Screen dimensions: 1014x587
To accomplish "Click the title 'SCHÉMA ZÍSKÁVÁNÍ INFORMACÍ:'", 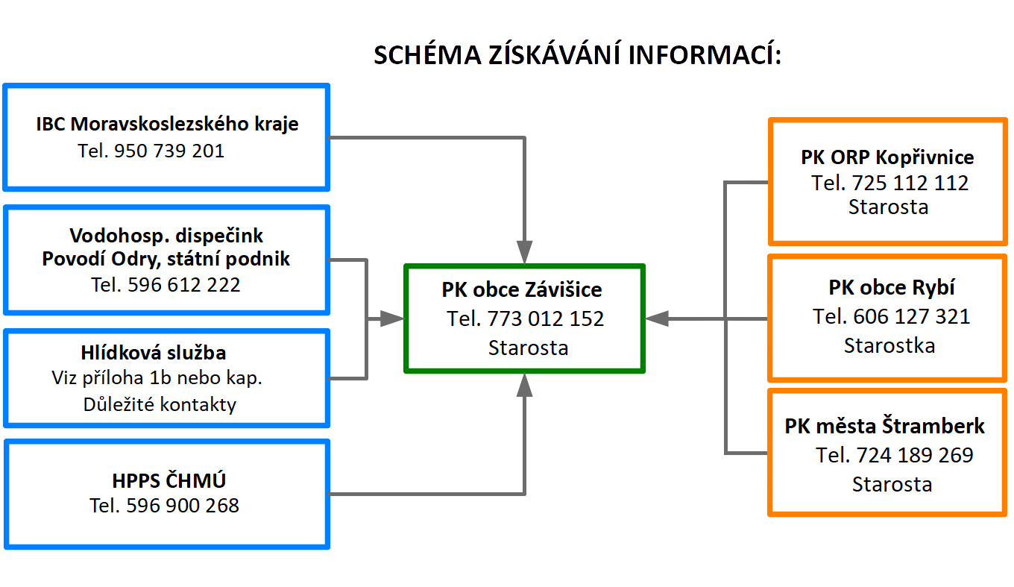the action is pyautogui.click(x=577, y=54).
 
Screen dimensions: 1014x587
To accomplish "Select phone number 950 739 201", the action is pyautogui.click(x=169, y=151).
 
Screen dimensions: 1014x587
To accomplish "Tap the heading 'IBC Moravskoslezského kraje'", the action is pyautogui.click(x=167, y=124).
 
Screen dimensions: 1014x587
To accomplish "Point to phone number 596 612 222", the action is pyautogui.click(x=183, y=285).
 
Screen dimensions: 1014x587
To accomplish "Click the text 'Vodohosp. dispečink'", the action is pyautogui.click(x=166, y=236).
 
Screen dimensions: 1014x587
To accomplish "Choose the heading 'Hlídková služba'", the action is pyautogui.click(x=154, y=353).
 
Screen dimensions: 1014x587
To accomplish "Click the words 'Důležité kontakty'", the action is pyautogui.click(x=160, y=404).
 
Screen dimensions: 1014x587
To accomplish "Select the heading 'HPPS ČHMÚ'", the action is pyautogui.click(x=169, y=480).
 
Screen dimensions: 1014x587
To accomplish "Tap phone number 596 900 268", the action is pyautogui.click(x=183, y=506).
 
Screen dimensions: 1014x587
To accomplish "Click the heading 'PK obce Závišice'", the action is pyautogui.click(x=522, y=290).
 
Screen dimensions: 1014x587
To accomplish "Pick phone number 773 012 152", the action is pyautogui.click(x=546, y=319).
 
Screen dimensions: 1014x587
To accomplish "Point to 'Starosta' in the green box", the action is pyautogui.click(x=529, y=348).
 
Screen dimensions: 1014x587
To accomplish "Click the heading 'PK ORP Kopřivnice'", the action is pyautogui.click(x=887, y=157).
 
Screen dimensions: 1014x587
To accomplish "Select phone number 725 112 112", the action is pyautogui.click(x=910, y=183).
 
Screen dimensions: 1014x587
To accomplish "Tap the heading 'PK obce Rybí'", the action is pyautogui.click(x=892, y=288).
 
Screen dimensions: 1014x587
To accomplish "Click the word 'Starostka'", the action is pyautogui.click(x=889, y=345).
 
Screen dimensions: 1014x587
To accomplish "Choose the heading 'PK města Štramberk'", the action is pyautogui.click(x=884, y=426).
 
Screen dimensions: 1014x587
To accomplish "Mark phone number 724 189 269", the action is pyautogui.click(x=914, y=455).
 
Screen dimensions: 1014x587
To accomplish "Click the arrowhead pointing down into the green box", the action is pyautogui.click(x=524, y=252).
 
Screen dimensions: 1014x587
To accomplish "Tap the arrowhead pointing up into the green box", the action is pyautogui.click(x=524, y=385).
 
